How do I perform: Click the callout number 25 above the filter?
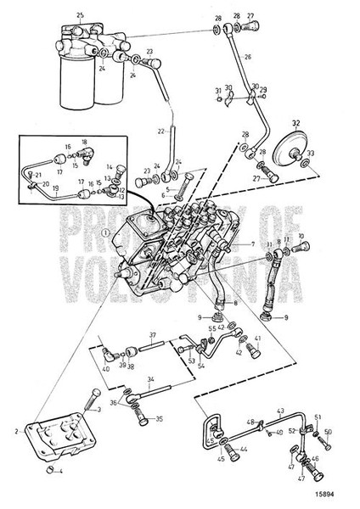coord(80,16)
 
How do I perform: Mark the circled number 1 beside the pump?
coord(104,232)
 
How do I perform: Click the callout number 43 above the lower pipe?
coord(278,411)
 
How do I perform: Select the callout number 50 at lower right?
coord(329,432)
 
